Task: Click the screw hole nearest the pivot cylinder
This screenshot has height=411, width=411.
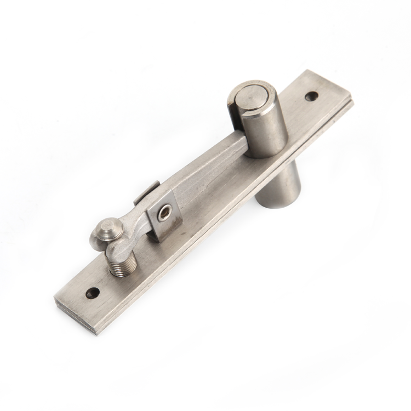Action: [x=312, y=96]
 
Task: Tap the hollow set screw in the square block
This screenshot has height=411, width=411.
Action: [x=164, y=214]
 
